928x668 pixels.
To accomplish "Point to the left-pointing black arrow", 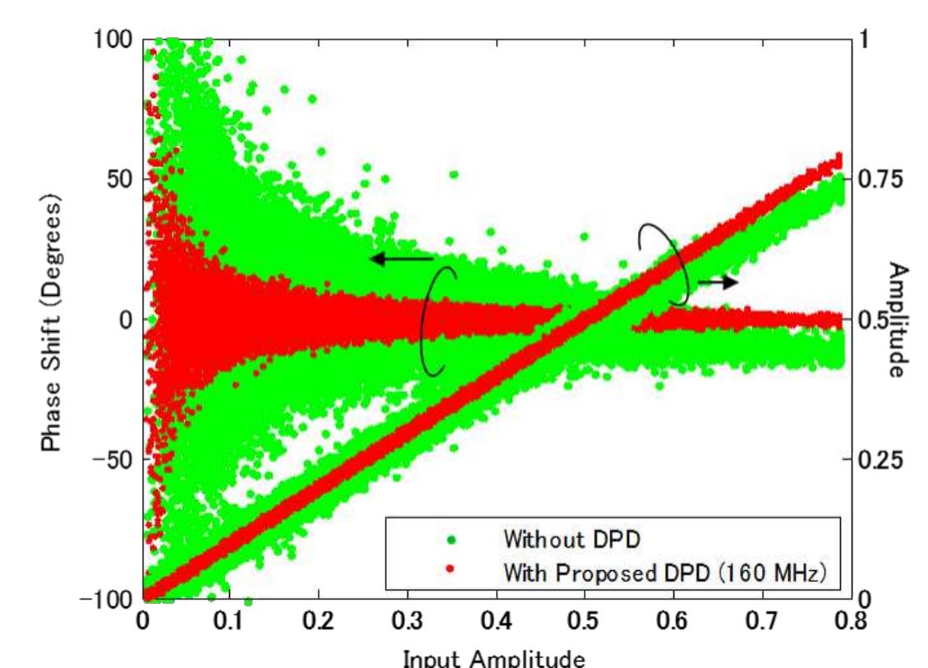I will coord(400,259).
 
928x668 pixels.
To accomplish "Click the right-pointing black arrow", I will coord(717,282).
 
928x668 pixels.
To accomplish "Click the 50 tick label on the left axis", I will coord(119,179).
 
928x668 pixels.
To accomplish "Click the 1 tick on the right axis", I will coord(860,39).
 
